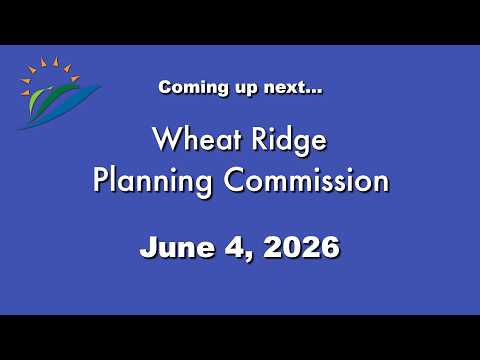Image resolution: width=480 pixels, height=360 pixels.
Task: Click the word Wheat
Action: tap(197, 138)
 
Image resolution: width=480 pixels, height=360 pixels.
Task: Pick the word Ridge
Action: tap(289, 140)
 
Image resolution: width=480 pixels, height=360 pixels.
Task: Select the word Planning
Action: tap(152, 182)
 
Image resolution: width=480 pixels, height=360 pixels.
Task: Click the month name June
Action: tap(177, 247)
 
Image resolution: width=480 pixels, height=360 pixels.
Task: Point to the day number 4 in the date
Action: tap(235, 247)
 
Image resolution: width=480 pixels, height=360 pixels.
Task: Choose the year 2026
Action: tap(302, 247)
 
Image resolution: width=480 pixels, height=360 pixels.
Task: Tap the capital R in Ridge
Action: tap(259, 138)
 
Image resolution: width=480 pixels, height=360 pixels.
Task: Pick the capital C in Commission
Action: tap(235, 180)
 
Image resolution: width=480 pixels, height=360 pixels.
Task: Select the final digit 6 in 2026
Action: tap(330, 247)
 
